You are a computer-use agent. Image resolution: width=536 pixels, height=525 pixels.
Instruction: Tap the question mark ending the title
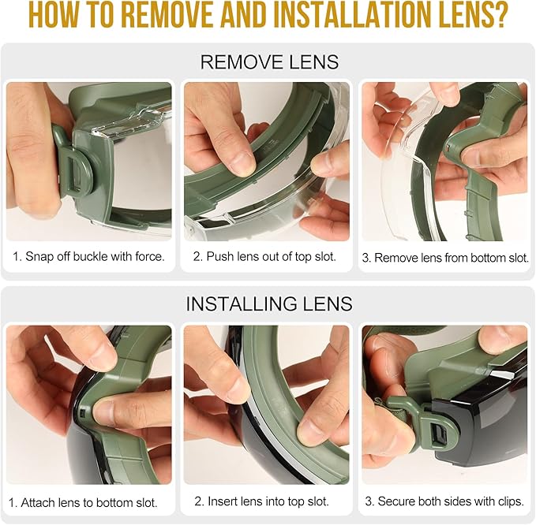click(497, 16)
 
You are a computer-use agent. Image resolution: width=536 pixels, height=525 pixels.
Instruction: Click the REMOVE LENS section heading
click(269, 61)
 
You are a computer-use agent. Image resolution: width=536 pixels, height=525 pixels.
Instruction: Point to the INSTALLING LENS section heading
click(269, 303)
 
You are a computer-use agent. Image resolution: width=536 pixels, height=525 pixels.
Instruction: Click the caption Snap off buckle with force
click(89, 256)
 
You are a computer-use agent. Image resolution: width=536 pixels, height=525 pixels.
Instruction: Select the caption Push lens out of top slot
click(265, 256)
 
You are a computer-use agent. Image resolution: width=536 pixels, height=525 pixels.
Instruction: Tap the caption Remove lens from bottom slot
click(445, 258)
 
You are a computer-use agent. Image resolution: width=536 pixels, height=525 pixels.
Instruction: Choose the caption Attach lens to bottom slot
click(83, 502)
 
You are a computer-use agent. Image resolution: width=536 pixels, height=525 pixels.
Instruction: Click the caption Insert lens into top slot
click(262, 501)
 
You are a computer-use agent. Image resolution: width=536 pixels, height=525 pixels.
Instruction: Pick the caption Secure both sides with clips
click(444, 501)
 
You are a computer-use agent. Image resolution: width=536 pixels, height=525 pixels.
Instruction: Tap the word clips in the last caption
click(510, 501)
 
